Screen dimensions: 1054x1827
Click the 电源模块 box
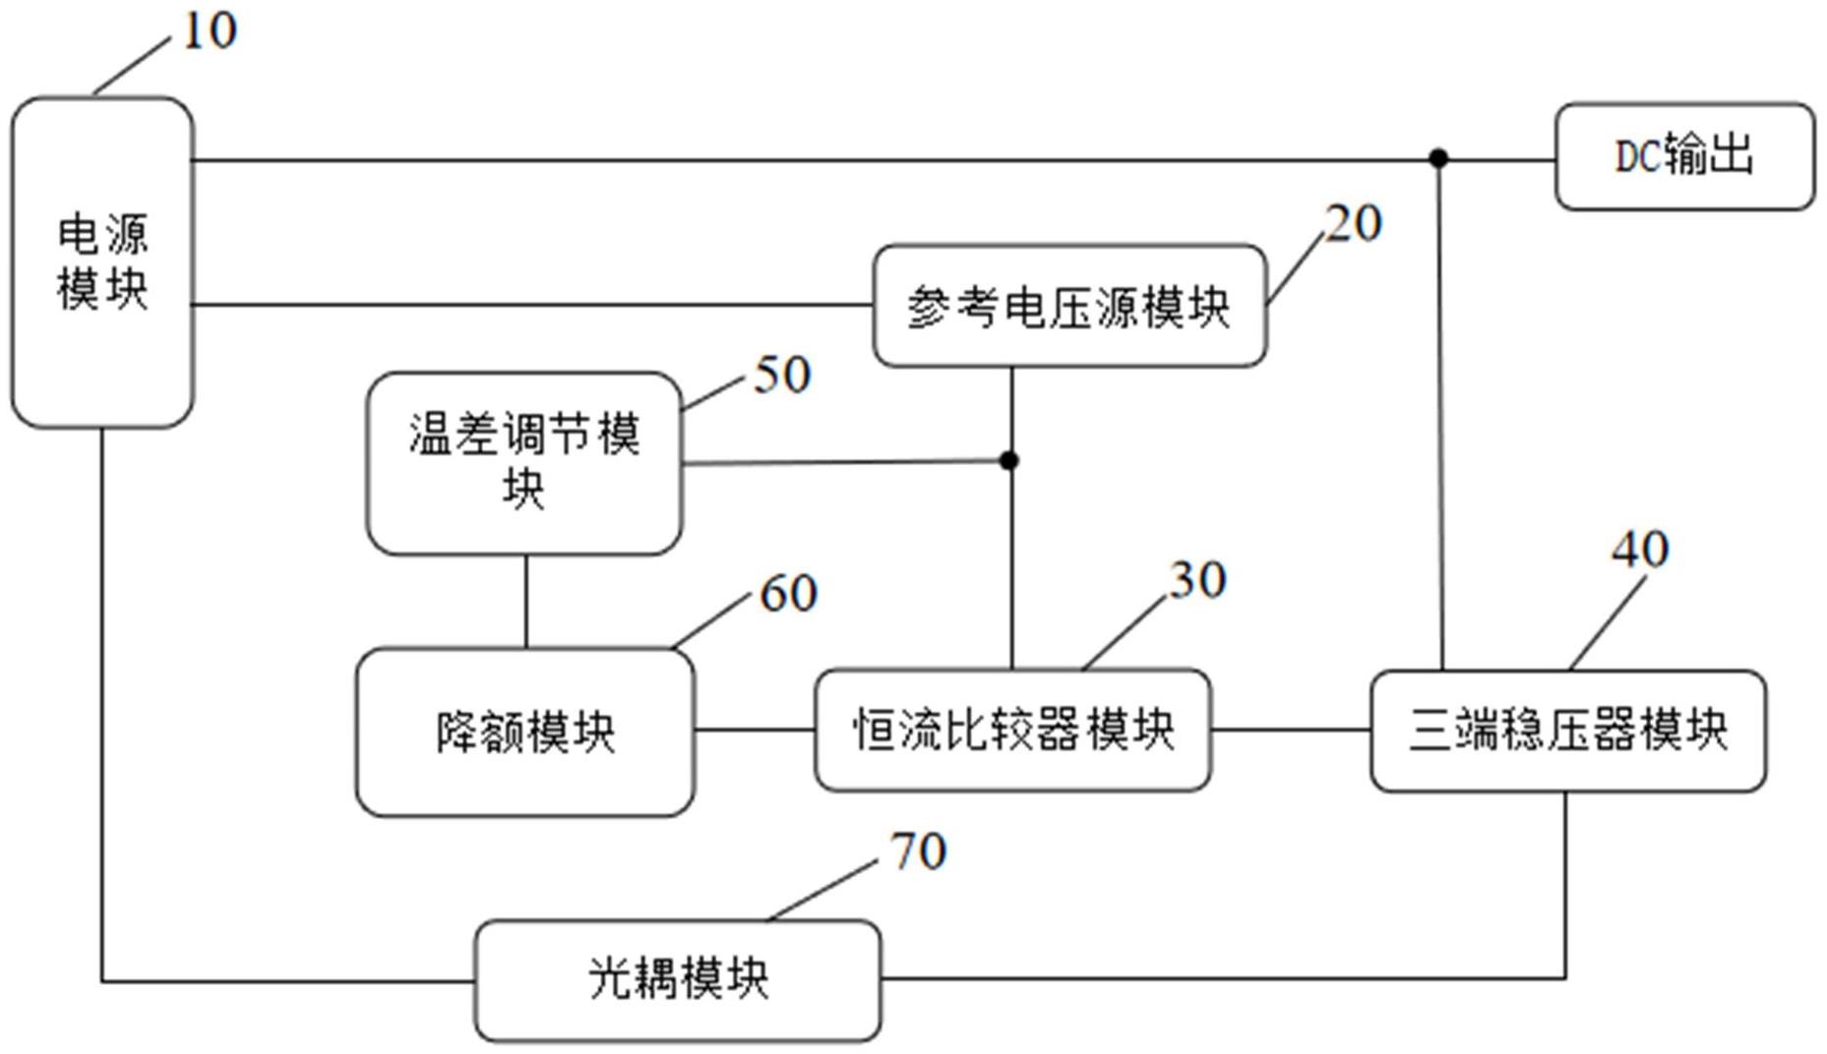point(101,262)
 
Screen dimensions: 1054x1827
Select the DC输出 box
point(1684,156)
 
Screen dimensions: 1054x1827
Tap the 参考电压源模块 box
point(1069,306)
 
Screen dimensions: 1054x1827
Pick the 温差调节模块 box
point(524,462)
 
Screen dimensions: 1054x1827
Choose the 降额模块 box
point(525,732)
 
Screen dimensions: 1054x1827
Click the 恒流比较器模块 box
point(1012,730)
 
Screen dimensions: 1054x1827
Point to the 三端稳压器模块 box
point(1567,731)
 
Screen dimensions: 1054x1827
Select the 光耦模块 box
point(678,979)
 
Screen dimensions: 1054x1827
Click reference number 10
point(210,31)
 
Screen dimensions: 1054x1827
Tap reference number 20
point(1354,224)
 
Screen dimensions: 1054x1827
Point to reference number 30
point(1197,580)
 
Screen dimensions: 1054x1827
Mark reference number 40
point(1640,550)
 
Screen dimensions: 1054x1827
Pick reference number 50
point(782,375)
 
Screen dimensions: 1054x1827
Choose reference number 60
point(788,594)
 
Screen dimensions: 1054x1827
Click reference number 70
point(918,851)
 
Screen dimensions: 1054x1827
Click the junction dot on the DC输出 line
point(1438,158)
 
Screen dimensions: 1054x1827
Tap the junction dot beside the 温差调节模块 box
point(1008,460)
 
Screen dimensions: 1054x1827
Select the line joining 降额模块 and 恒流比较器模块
point(755,730)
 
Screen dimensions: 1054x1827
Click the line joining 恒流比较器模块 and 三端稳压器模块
point(1290,730)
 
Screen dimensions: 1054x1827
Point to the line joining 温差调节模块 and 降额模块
point(525,601)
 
